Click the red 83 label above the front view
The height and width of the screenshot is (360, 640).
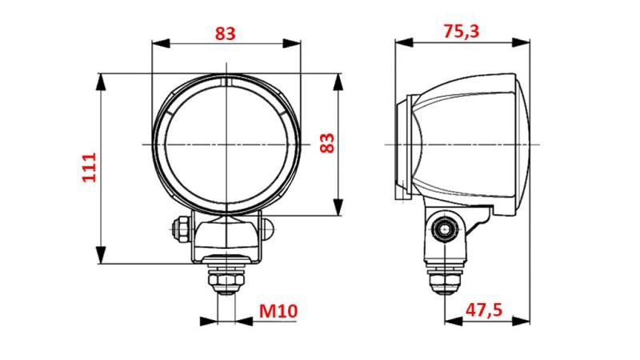pyautogui.click(x=226, y=33)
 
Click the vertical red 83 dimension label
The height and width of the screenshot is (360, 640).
pyautogui.click(x=327, y=143)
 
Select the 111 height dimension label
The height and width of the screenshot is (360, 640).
pyautogui.click(x=89, y=167)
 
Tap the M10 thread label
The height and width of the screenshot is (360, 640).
pyautogui.click(x=278, y=311)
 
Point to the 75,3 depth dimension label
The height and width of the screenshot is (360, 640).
pyautogui.click(x=462, y=31)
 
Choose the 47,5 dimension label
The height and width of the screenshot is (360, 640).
pyautogui.click(x=484, y=310)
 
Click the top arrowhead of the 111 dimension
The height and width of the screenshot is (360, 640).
pyautogui.click(x=101, y=82)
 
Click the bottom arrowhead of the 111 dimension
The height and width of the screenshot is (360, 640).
pyautogui.click(x=101, y=255)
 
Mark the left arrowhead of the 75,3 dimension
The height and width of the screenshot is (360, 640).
pyautogui.click(x=404, y=42)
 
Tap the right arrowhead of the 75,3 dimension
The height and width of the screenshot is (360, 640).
pyautogui.click(x=521, y=42)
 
